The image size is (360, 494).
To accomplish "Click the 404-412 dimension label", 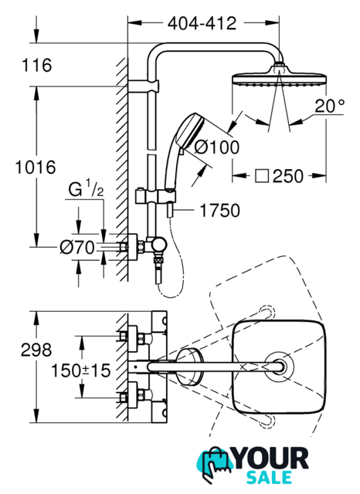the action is [202, 23].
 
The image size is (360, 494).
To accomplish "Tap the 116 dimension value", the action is [36, 65].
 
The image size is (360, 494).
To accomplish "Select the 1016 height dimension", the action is [36, 167].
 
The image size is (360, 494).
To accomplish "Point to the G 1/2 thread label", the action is [86, 188].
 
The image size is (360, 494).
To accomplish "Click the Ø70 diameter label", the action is [77, 247].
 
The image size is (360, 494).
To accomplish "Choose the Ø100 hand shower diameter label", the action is [217, 147].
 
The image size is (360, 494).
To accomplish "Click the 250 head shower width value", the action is [288, 176].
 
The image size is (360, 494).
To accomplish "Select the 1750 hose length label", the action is [220, 211].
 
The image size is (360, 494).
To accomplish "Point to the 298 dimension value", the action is [36, 350].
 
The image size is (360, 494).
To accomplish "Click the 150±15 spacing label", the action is [81, 370].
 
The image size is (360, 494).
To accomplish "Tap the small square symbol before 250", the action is [262, 176].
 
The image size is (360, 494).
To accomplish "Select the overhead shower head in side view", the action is [279, 76].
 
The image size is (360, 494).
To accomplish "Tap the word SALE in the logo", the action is [269, 477].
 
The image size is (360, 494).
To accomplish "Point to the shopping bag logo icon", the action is [214, 463].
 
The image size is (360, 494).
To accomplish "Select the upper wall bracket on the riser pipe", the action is [144, 86].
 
